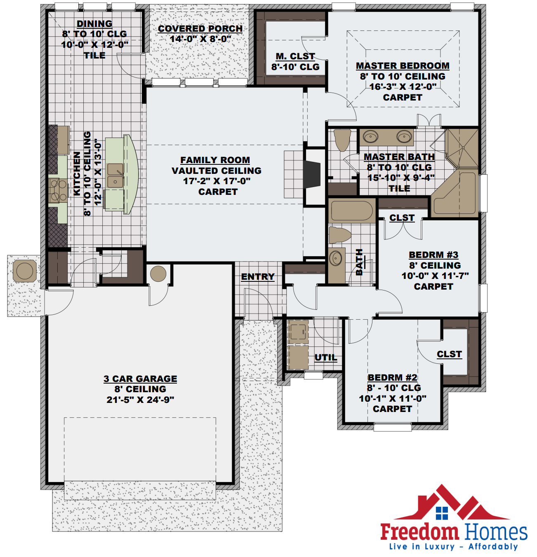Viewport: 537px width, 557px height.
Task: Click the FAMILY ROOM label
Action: coord(215,160)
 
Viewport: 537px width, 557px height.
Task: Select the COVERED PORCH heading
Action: coord(200,28)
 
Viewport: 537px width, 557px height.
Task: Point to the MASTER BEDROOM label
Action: coord(403,66)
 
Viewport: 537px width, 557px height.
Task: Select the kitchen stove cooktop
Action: coord(58,190)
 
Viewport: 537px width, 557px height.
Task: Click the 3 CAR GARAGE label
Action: coord(140,378)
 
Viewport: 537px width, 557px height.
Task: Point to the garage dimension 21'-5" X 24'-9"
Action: coord(140,400)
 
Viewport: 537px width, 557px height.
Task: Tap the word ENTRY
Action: coord(258,276)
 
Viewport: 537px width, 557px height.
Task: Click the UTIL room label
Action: coord(326,357)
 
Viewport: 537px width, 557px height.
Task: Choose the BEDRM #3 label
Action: coord(433,255)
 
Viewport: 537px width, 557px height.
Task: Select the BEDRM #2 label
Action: coord(392,377)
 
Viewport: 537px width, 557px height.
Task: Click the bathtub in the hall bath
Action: coord(352,211)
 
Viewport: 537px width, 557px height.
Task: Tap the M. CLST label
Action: coord(295,56)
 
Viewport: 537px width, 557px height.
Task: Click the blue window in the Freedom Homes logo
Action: coord(442,513)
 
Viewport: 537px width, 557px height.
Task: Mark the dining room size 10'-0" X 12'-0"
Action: coord(94,44)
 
